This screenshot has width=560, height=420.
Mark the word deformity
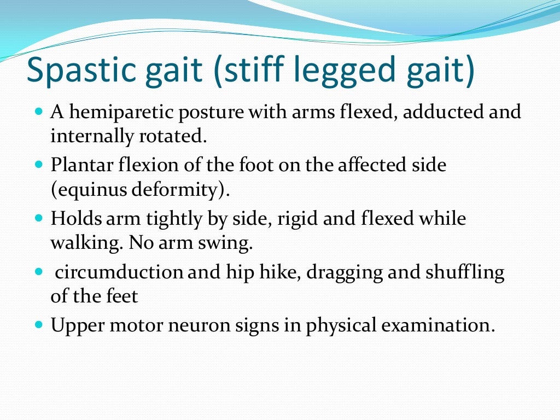tap(176, 190)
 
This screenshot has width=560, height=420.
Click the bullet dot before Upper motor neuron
tap(38, 324)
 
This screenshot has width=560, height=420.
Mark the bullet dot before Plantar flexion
tap(38, 164)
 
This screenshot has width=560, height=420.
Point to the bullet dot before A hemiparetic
tap(38, 112)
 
